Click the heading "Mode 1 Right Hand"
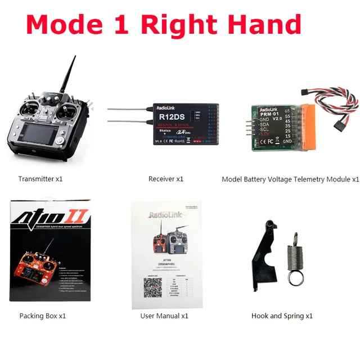pyautogui.click(x=164, y=25)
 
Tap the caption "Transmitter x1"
pyautogui.click(x=40, y=179)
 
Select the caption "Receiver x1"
pyautogui.click(x=166, y=179)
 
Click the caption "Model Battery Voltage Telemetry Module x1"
pyautogui.click(x=290, y=179)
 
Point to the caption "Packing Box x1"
pyautogui.click(x=43, y=316)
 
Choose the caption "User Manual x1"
pyautogui.click(x=164, y=316)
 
